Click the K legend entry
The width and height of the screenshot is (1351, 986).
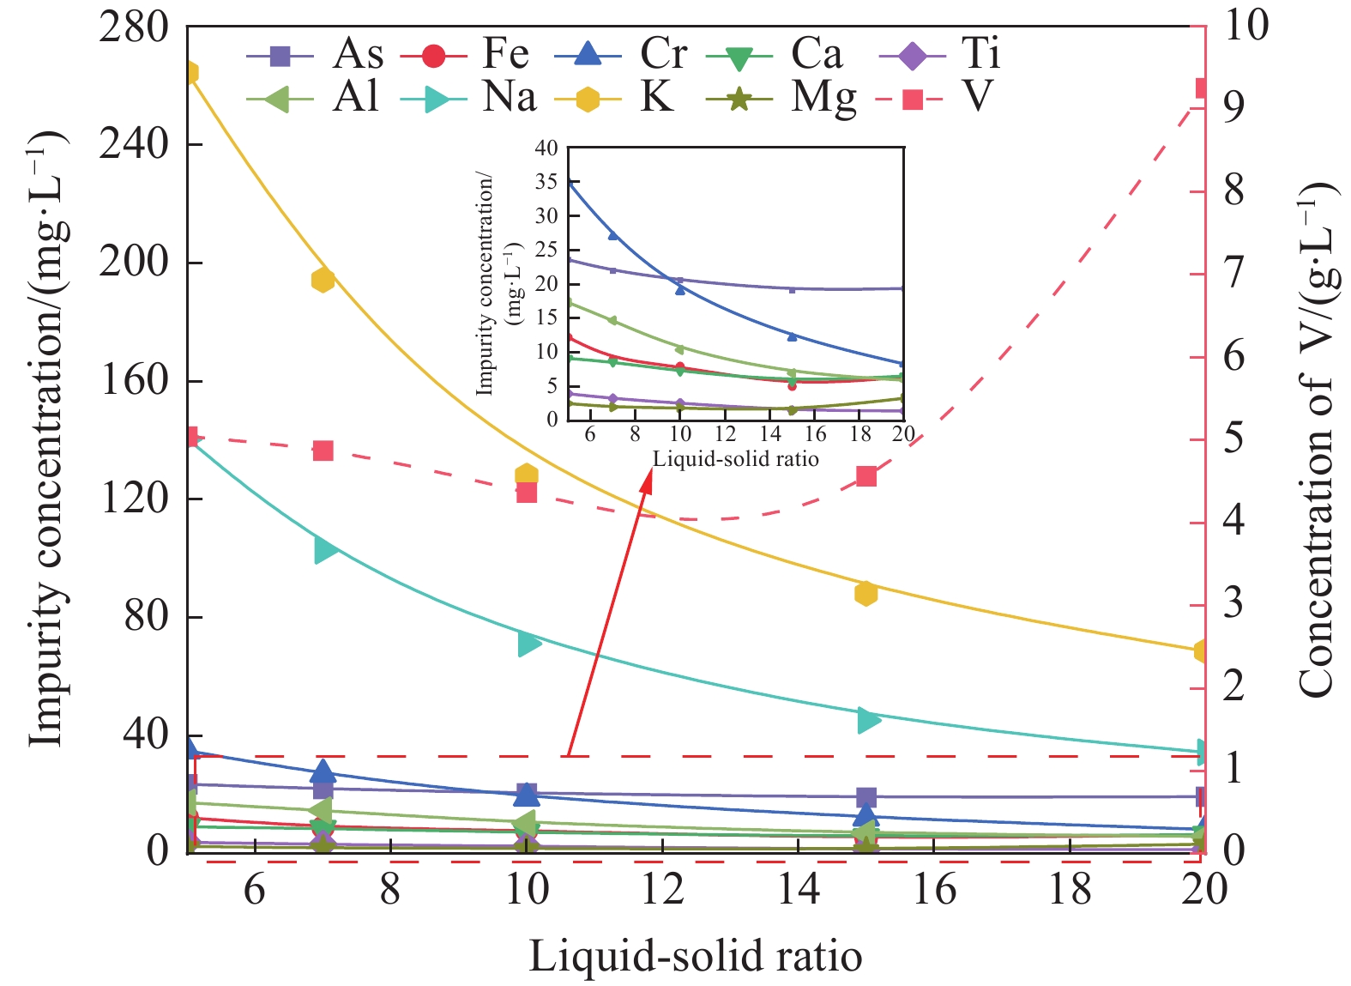pyautogui.click(x=635, y=97)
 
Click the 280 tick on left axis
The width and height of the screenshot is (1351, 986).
pyautogui.click(x=133, y=27)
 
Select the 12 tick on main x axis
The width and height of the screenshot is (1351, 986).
pyautogui.click(x=662, y=889)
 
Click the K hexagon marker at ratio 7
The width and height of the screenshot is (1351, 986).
pyautogui.click(x=323, y=280)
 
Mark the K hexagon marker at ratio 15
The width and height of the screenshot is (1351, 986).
pyautogui.click(x=866, y=593)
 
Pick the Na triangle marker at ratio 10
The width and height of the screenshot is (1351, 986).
pyautogui.click(x=529, y=643)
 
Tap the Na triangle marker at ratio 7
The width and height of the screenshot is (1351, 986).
pyautogui.click(x=325, y=549)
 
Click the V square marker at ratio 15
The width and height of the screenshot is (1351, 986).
pyautogui.click(x=866, y=476)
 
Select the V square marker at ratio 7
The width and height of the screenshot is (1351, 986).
pyautogui.click(x=323, y=451)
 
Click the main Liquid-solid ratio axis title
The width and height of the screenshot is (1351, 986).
pyautogui.click(x=695, y=956)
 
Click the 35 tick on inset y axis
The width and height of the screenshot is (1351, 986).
pyautogui.click(x=546, y=182)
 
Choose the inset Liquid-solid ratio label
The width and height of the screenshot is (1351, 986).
pyautogui.click(x=735, y=458)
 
